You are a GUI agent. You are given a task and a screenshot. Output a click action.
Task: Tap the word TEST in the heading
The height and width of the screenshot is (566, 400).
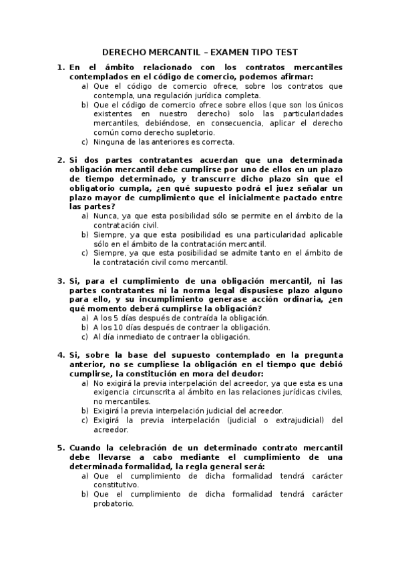284,51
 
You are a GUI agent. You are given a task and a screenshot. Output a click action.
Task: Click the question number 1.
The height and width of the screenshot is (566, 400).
60,67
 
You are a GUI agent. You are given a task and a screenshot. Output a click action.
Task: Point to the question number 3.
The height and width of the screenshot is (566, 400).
60,281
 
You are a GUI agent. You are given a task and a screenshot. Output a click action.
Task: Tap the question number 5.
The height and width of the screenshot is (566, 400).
60,447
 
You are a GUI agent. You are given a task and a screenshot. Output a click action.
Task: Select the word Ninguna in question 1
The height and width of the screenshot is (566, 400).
109,142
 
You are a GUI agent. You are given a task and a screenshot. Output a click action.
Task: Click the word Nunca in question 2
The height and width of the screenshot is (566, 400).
106,216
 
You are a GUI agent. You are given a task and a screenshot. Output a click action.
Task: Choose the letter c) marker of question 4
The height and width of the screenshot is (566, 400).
85,420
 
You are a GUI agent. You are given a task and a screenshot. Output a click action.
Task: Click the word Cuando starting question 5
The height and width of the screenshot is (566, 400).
85,447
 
